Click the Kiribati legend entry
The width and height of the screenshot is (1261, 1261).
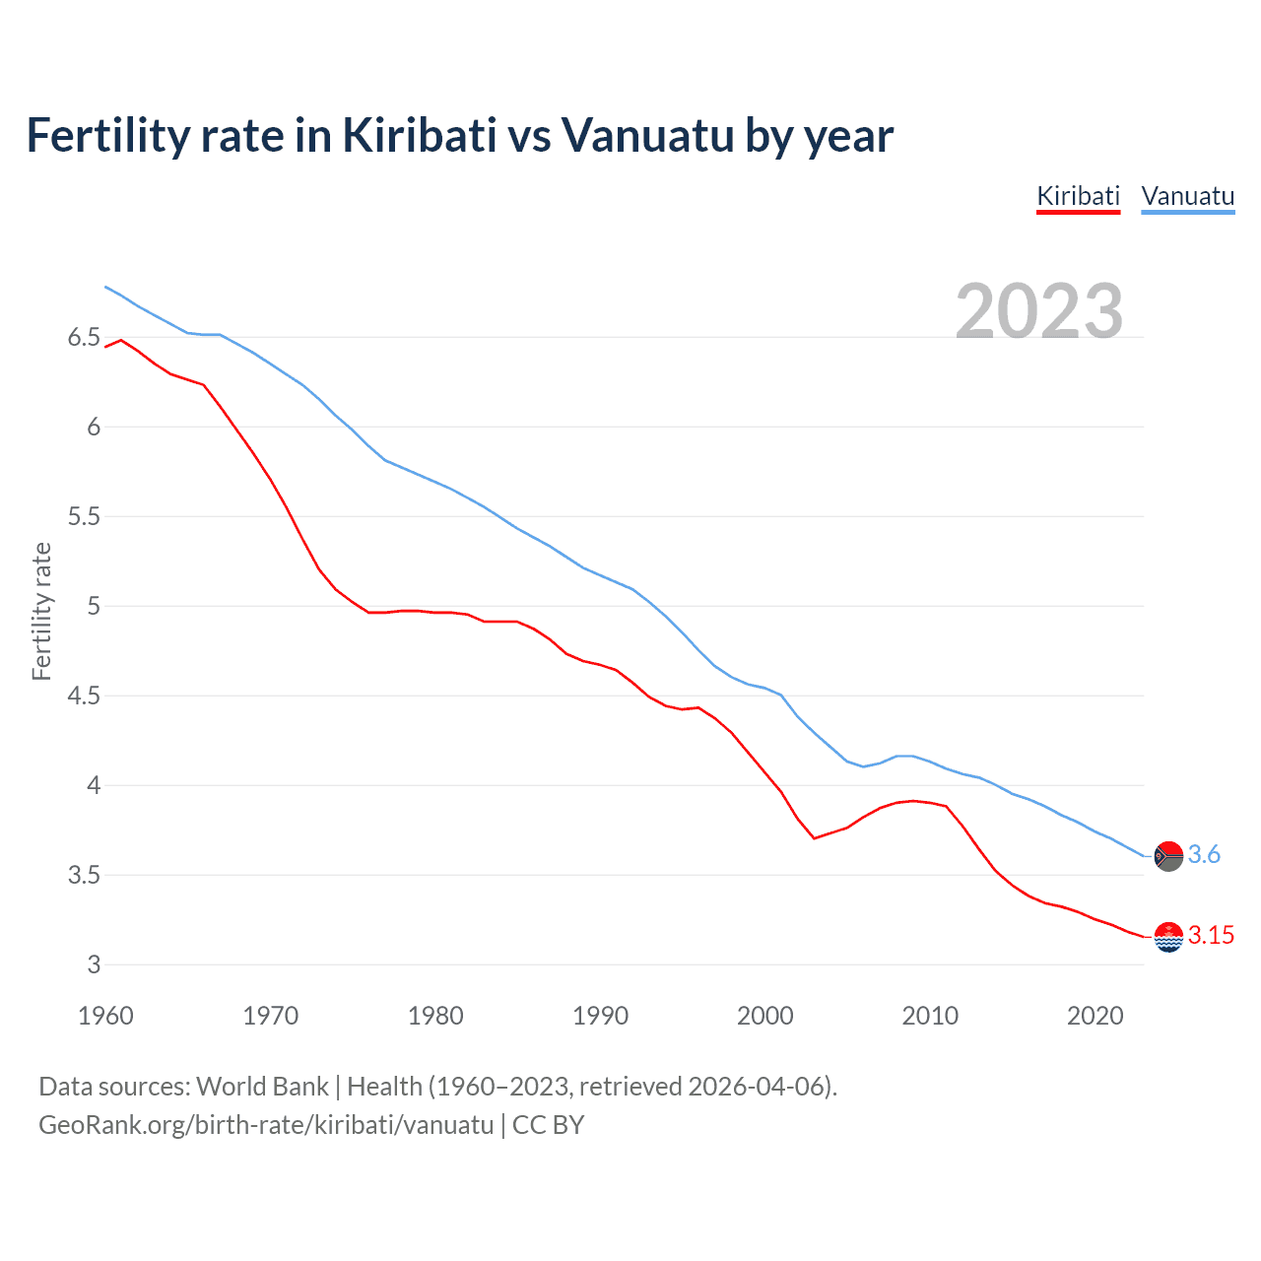(x=1078, y=196)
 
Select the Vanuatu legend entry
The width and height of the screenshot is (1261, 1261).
(x=1187, y=196)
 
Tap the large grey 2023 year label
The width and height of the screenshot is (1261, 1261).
(x=1039, y=311)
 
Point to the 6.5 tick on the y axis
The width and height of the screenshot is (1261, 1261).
(x=84, y=338)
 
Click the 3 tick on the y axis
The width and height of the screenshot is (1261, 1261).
(x=94, y=965)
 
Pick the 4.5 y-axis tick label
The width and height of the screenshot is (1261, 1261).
(x=84, y=697)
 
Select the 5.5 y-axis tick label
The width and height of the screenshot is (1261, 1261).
(x=84, y=517)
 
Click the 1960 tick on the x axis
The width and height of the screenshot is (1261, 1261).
(x=105, y=1016)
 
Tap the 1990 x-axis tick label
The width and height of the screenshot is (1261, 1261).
(x=600, y=1016)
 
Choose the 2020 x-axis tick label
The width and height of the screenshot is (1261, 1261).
(x=1095, y=1016)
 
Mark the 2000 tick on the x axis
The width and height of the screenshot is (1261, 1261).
(x=764, y=1016)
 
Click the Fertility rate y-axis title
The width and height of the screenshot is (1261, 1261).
(x=41, y=611)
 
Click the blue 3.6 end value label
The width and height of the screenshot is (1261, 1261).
(x=1204, y=855)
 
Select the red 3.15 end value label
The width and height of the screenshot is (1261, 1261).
(x=1211, y=936)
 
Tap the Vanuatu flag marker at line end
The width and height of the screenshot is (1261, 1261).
(x=1168, y=856)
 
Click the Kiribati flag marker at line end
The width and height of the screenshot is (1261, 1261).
(x=1168, y=937)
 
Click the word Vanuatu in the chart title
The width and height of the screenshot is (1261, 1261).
(x=648, y=136)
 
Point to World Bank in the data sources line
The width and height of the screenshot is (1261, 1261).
(x=262, y=1087)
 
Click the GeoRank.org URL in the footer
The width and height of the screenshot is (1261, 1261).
(x=266, y=1125)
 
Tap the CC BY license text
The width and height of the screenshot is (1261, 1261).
(x=549, y=1125)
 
